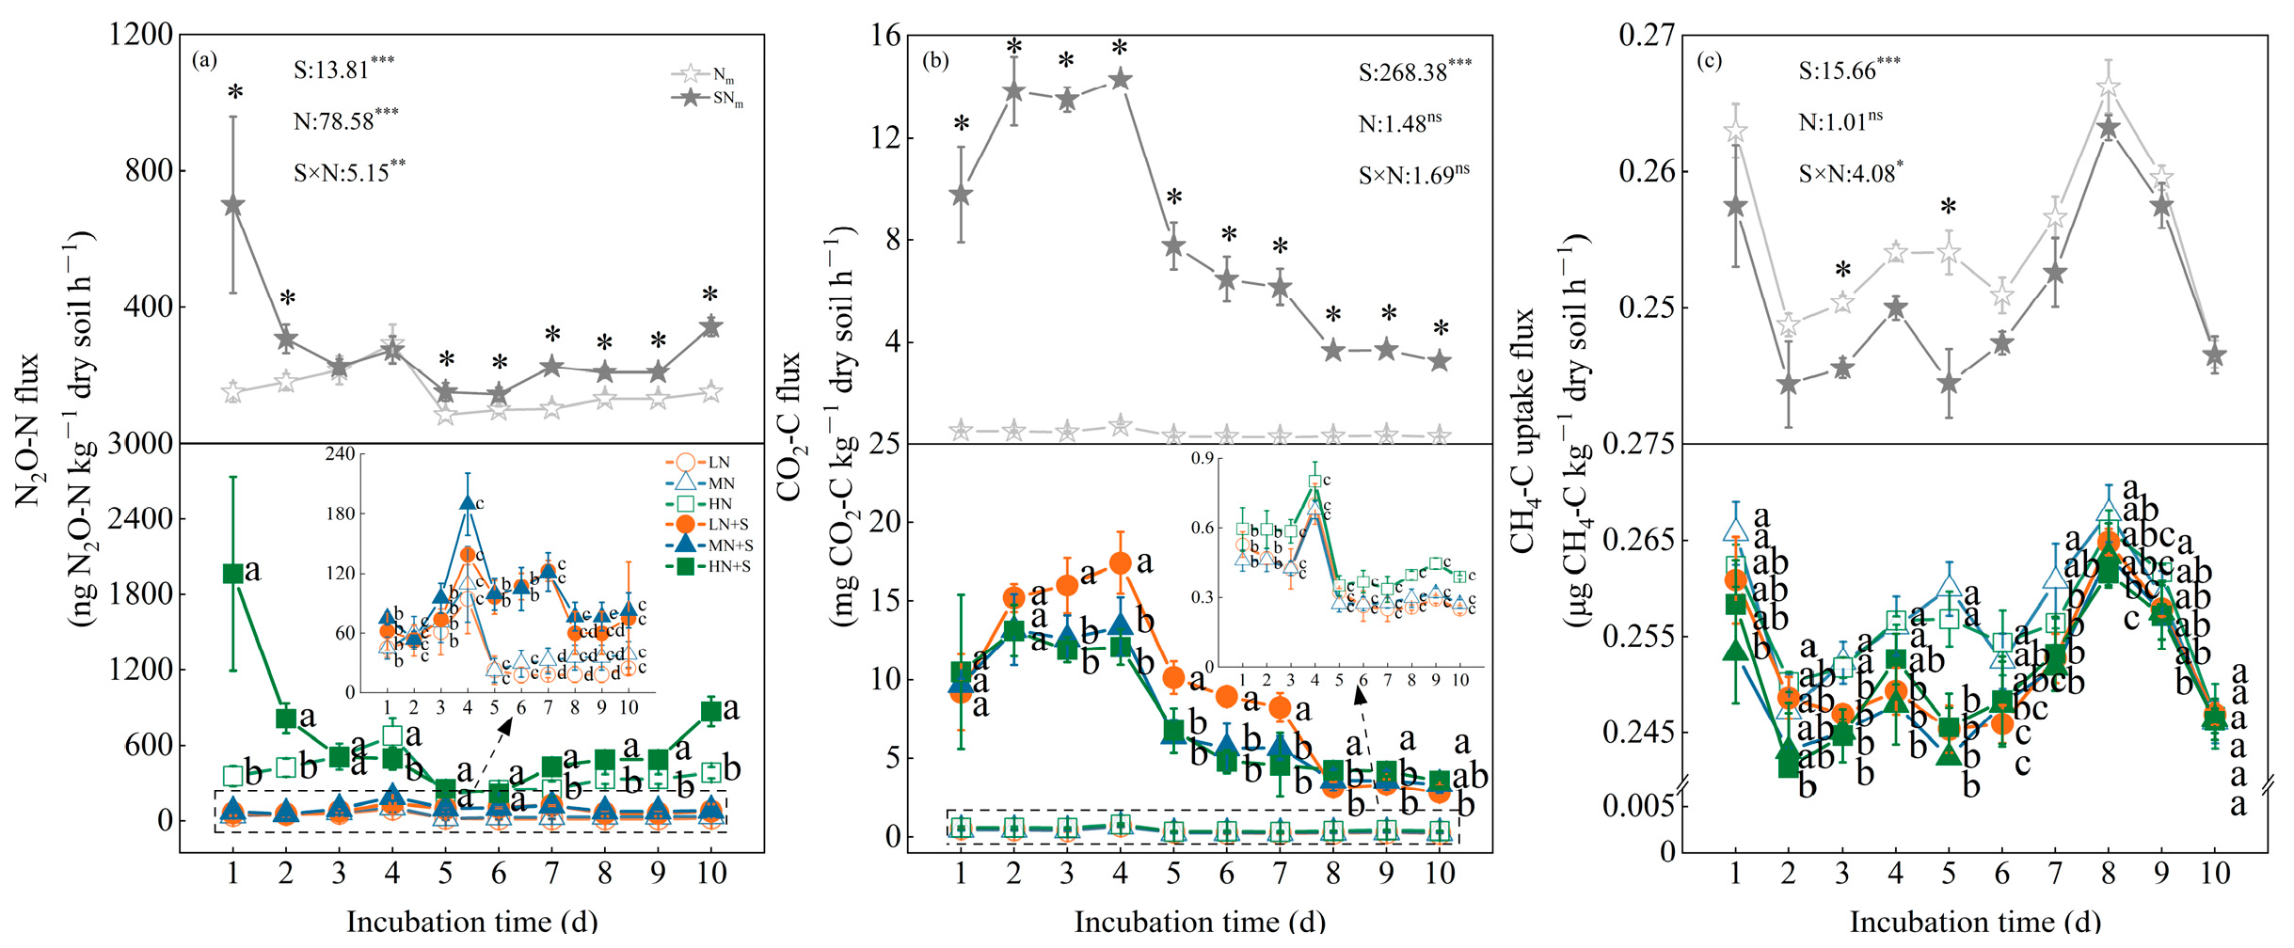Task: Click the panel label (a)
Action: point(204,61)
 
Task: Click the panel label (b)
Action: point(935,61)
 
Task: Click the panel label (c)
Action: point(1709,61)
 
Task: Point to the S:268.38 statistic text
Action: point(1414,71)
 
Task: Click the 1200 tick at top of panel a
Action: point(141,36)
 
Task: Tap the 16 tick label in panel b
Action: point(886,36)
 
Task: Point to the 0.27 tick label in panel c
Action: point(1647,36)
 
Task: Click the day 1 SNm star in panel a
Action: point(233,205)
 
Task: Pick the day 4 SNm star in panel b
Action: point(1120,79)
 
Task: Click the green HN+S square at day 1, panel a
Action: point(233,574)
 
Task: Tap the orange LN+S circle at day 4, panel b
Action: point(1120,563)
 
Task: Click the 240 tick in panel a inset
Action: point(340,454)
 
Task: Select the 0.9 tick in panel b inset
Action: point(1203,459)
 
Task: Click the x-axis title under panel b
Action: point(1200,922)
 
